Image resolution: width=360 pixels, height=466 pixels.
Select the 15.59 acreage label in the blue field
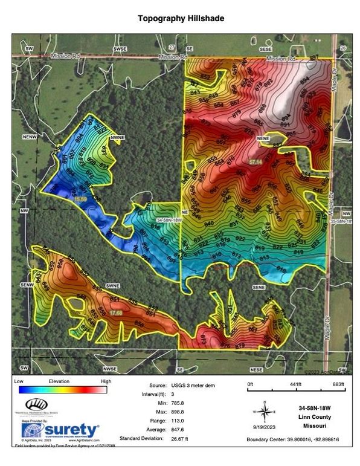pos(80,199)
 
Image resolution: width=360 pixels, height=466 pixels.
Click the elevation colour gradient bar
pos(63,390)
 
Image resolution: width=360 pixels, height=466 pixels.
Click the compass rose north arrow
pos(264,412)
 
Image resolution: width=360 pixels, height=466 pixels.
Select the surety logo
pos(60,430)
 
